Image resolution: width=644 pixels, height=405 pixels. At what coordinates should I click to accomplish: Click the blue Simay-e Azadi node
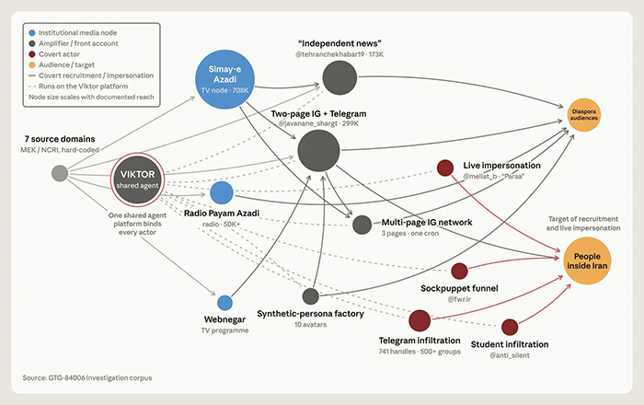point(224,79)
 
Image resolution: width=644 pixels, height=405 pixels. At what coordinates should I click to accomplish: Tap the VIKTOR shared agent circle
point(137,179)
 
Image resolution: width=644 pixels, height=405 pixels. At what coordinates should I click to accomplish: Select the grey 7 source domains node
point(60,173)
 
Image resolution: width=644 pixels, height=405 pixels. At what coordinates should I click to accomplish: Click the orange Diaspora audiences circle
point(583,115)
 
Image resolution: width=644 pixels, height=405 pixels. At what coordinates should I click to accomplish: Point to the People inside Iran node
point(587,260)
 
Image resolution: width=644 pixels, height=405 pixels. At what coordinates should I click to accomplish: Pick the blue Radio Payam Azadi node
point(222,192)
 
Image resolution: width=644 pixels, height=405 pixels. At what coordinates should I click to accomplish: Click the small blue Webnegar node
point(224,303)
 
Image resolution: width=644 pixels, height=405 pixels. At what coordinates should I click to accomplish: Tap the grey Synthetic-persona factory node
point(311,296)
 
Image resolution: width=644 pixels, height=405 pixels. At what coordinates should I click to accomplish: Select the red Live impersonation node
point(445,168)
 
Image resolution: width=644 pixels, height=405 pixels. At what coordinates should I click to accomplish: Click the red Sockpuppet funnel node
point(459,272)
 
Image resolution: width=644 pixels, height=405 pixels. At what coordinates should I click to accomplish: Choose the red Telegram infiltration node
point(420,320)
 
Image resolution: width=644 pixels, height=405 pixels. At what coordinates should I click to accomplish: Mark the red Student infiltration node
point(510,327)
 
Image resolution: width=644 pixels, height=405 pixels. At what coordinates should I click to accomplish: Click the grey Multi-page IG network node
point(362,225)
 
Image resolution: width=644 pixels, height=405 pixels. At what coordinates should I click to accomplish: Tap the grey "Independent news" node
point(339,77)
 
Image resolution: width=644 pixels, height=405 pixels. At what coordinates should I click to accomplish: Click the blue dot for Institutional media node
point(32,33)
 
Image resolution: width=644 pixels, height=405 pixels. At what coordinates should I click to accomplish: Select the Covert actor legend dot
point(32,54)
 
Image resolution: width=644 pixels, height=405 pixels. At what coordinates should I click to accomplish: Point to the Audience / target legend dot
point(32,65)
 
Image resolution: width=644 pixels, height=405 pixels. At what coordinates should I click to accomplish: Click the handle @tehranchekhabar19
point(329,54)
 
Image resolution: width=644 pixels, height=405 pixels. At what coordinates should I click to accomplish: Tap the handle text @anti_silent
point(510,355)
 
